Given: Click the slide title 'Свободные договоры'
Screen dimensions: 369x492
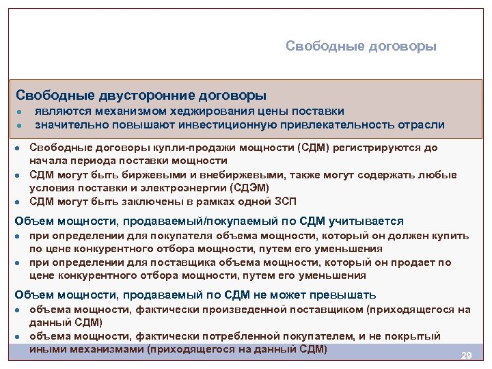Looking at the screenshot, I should [x=361, y=46].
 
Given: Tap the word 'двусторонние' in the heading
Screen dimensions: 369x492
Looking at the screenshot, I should [x=144, y=95].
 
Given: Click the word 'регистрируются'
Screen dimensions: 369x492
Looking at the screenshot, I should [x=385, y=148].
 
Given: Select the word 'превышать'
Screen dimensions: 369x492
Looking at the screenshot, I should [x=342, y=295].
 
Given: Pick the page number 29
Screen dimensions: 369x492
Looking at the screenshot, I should [x=467, y=356].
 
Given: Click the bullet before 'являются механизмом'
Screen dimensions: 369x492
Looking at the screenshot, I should [x=21, y=112].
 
